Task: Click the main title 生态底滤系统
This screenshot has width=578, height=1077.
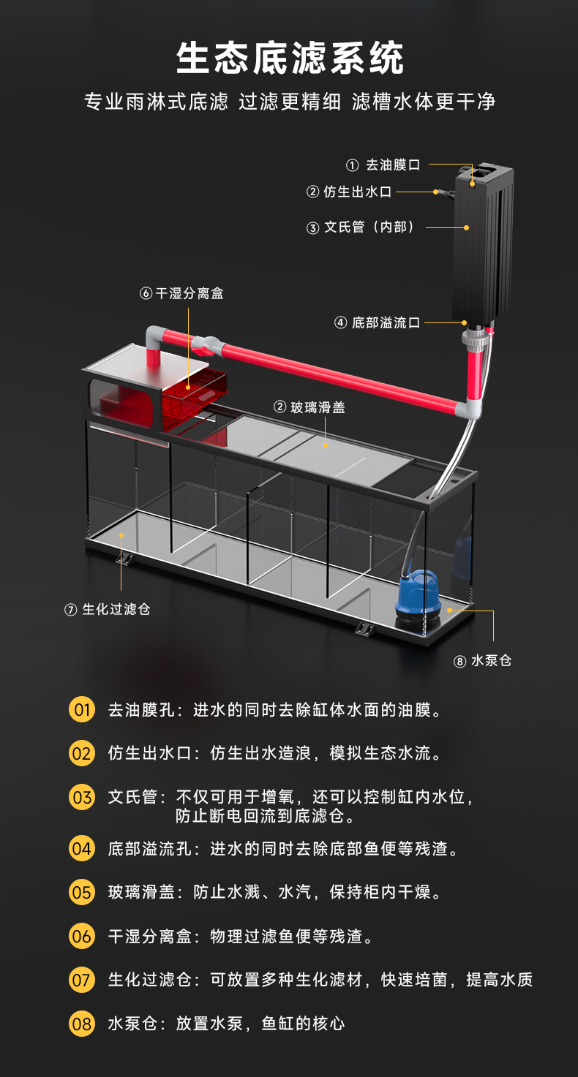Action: click(290, 59)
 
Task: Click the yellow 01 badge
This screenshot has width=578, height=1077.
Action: click(82, 709)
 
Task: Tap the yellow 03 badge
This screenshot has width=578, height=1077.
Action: click(82, 797)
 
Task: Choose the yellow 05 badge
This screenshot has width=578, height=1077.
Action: click(82, 892)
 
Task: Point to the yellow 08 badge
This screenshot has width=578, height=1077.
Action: click(82, 1024)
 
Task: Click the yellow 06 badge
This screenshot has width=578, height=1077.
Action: click(82, 936)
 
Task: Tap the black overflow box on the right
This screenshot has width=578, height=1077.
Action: click(481, 249)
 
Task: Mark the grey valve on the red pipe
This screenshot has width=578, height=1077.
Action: click(211, 343)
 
